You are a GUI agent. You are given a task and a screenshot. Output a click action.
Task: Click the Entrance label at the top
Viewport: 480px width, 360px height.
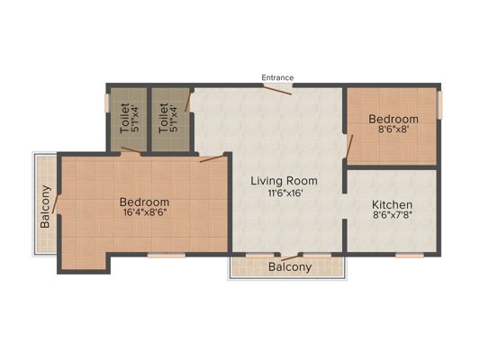pyautogui.click(x=277, y=77)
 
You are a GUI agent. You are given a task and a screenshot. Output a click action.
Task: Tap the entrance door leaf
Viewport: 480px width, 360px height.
pyautogui.click(x=277, y=90)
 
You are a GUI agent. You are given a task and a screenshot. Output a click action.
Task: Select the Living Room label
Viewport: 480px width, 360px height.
pyautogui.click(x=284, y=181)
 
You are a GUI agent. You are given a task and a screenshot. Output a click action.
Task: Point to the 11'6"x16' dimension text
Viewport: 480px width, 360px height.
pyautogui.click(x=285, y=193)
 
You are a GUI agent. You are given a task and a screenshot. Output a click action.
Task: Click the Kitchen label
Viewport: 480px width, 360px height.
pyautogui.click(x=392, y=204)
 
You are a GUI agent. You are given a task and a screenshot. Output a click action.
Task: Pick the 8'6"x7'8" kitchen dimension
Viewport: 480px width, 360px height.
pyautogui.click(x=392, y=215)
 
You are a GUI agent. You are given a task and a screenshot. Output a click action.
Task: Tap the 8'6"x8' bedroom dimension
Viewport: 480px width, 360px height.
pyautogui.click(x=394, y=129)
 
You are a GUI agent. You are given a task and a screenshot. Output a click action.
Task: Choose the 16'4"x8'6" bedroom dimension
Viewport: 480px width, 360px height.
pyautogui.click(x=145, y=212)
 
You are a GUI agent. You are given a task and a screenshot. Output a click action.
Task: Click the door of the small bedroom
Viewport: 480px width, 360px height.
pyautogui.click(x=349, y=146)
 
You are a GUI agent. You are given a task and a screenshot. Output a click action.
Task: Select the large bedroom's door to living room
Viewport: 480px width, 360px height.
pyautogui.click(x=213, y=158)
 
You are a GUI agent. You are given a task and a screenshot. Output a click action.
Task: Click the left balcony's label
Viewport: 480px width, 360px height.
pyautogui.click(x=45, y=207)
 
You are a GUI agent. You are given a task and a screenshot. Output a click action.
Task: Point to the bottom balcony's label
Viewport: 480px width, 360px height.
pyautogui.click(x=290, y=267)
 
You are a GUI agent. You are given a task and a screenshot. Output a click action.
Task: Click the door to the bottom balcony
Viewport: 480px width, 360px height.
pyautogui.click(x=289, y=257)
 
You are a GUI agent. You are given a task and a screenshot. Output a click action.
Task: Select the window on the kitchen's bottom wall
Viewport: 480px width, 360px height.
pyautogui.click(x=409, y=255)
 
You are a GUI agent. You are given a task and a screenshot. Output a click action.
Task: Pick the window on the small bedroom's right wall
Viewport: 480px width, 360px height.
pyautogui.click(x=439, y=104)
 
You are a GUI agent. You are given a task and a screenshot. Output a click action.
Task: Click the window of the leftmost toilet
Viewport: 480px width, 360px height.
pyautogui.click(x=107, y=103)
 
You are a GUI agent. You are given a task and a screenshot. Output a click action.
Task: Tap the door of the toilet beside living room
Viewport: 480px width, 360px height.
pyautogui.click(x=187, y=102)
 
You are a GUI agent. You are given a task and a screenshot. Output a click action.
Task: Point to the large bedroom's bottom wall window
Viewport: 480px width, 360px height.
pyautogui.click(x=167, y=255)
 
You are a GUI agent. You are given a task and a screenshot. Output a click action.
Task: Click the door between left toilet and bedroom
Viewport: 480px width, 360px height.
pyautogui.click(x=131, y=150)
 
